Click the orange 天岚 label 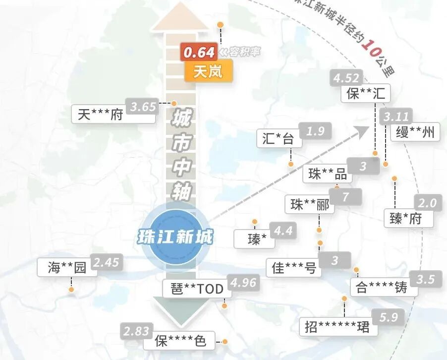point(208,72)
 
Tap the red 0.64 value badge point(199,52)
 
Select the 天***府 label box point(100,115)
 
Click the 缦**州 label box point(415,132)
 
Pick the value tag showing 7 point(345,196)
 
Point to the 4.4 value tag point(283,231)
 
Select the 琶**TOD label point(196,289)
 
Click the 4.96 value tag point(244,282)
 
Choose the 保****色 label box point(179,341)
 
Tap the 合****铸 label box point(382,288)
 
